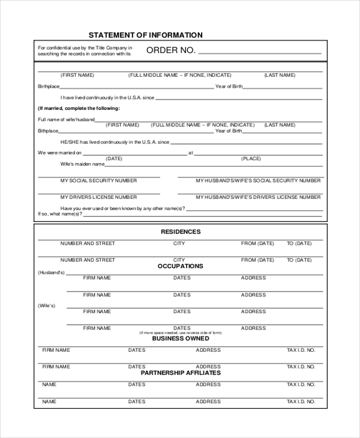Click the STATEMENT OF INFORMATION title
[x=145, y=35]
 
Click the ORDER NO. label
[x=171, y=50]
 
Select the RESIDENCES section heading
[x=181, y=232]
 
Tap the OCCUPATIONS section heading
[x=181, y=266]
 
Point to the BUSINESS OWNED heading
[x=181, y=338]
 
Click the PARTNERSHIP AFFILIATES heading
[x=181, y=373]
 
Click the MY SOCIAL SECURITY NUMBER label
[x=98, y=181]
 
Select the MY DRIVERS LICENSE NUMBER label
[x=98, y=197]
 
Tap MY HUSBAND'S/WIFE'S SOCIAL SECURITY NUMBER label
[x=258, y=181]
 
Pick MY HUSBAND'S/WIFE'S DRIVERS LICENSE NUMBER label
[x=258, y=197]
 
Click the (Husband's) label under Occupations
[x=51, y=272]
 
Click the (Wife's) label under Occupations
[x=47, y=306]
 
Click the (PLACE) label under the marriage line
[x=251, y=158]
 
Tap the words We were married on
[x=59, y=152]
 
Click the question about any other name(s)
[x=131, y=208]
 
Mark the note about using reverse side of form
[x=181, y=332]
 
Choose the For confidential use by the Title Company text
[x=85, y=50]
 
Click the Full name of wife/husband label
[x=66, y=119]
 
